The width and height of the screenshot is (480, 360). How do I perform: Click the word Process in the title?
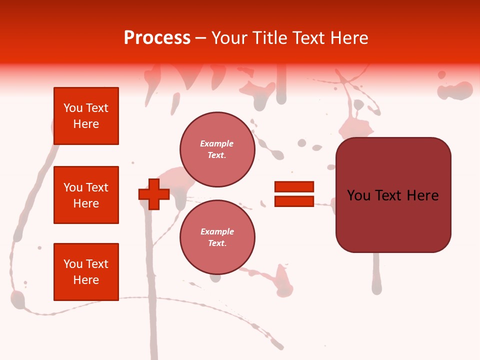[157, 38]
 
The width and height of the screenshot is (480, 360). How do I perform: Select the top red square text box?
[86, 116]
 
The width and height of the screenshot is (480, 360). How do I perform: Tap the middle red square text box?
[86, 195]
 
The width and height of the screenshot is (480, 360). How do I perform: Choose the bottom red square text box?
[86, 272]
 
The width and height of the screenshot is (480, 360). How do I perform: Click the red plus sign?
[153, 194]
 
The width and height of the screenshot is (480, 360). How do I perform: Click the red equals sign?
[294, 194]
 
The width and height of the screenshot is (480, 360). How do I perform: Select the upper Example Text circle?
[217, 149]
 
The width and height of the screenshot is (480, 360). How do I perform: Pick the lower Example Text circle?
[217, 237]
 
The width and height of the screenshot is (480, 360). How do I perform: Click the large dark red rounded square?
[393, 195]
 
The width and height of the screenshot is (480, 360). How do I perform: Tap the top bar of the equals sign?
[294, 186]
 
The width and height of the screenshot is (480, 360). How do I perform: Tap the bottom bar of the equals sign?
[294, 201]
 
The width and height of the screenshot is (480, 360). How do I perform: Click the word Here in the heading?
[348, 38]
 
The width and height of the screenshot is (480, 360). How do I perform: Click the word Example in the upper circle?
[217, 143]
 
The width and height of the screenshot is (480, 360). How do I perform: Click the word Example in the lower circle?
[217, 231]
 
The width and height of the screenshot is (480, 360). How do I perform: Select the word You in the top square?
[73, 108]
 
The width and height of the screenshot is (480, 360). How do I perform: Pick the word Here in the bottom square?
[86, 280]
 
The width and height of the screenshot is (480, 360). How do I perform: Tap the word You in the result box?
[359, 195]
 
